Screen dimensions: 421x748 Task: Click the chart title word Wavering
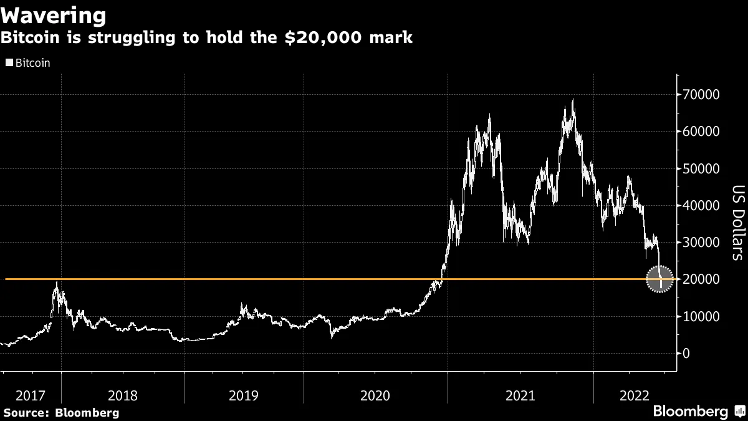click(54, 15)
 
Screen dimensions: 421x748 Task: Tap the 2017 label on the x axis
click(31, 395)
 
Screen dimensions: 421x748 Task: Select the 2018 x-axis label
click(123, 395)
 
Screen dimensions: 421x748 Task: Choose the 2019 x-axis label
click(244, 395)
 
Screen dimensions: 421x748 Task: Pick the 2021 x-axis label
click(520, 395)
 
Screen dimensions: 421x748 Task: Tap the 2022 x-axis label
click(635, 395)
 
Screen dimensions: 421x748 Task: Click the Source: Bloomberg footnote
click(61, 412)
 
